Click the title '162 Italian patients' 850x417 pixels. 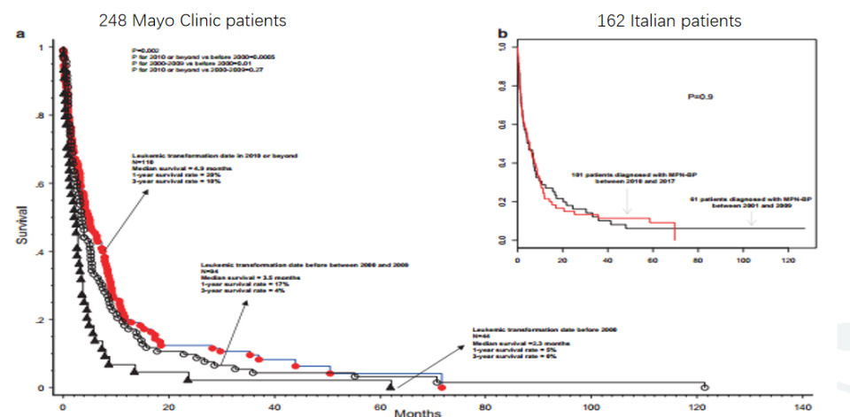[x=668, y=19]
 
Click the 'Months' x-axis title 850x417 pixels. [x=413, y=412]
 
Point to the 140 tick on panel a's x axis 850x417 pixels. [x=801, y=405]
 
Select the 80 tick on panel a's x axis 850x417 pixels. [x=484, y=405]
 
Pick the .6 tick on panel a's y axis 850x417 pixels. [x=39, y=184]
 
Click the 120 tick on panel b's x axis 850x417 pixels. [x=787, y=261]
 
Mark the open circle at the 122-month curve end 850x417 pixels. [x=705, y=387]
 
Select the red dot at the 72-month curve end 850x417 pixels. [x=441, y=387]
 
